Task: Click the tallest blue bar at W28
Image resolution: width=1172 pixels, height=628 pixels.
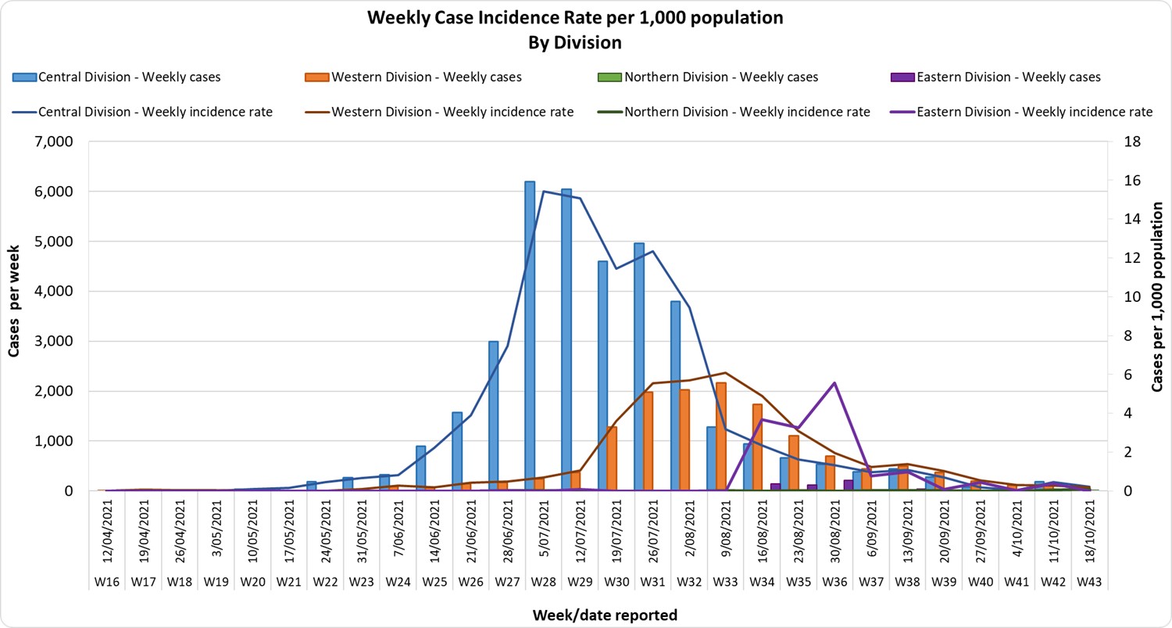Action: [530, 336]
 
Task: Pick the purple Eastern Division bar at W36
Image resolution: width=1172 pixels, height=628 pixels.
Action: [849, 485]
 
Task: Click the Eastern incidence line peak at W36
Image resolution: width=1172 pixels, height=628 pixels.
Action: [834, 382]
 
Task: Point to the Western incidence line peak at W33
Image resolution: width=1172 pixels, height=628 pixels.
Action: [726, 373]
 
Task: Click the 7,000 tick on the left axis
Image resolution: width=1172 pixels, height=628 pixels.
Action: [54, 142]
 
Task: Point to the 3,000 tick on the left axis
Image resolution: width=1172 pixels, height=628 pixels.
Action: [54, 341]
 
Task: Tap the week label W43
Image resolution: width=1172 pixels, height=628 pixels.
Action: [1088, 582]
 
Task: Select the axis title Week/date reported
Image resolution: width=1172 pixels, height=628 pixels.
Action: [605, 615]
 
